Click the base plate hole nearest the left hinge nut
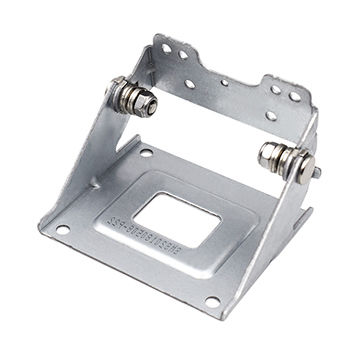point(146,153)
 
